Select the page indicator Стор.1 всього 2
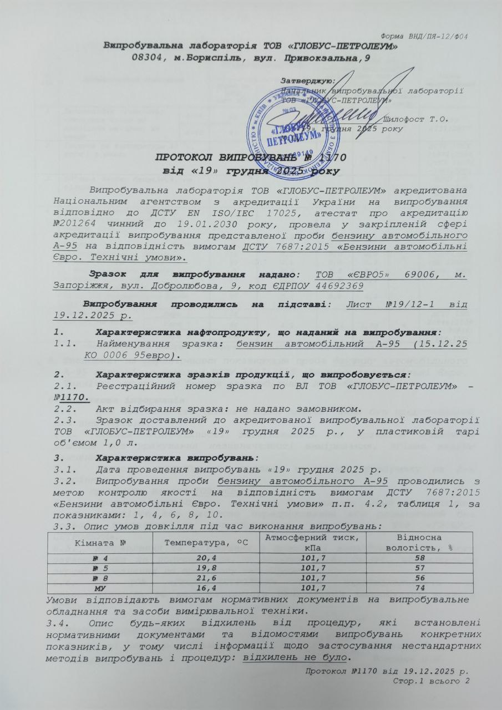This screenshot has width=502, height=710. (x=430, y=681)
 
